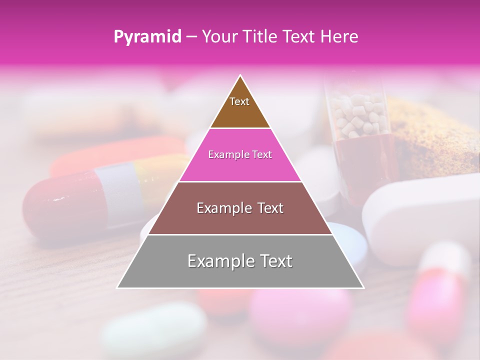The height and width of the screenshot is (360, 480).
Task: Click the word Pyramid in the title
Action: click(x=147, y=37)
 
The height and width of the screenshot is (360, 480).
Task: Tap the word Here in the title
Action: click(x=340, y=36)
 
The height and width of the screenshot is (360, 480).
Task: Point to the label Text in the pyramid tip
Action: click(x=239, y=101)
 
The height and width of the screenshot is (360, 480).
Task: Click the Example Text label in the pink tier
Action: click(x=240, y=154)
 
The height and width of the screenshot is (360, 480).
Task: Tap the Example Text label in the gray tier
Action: click(x=240, y=261)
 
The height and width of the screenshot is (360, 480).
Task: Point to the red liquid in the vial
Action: click(x=365, y=160)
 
